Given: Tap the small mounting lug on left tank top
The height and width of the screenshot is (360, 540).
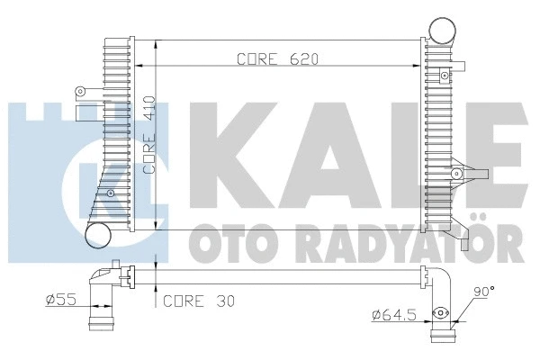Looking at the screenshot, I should [x=82, y=91].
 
